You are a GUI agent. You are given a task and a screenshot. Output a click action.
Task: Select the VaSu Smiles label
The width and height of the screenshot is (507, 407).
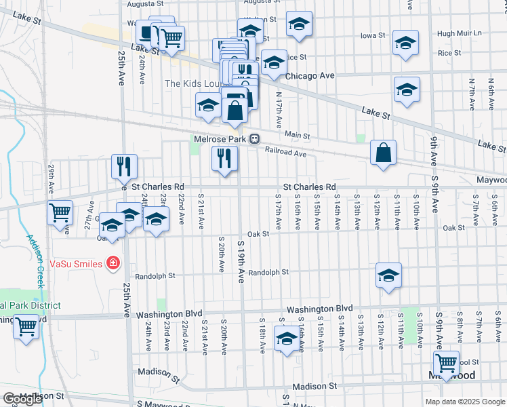[75, 263]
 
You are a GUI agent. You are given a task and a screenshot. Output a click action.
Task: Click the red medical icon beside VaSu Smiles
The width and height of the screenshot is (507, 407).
[113, 263]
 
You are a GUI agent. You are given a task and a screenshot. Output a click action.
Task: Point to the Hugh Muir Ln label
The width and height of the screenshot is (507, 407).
[459, 33]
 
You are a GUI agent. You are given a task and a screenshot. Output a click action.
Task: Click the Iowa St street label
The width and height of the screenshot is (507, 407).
[372, 35]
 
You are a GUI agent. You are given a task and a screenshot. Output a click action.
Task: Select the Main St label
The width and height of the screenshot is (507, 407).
[297, 136]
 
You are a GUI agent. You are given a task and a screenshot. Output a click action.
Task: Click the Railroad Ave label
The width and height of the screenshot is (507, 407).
[285, 153]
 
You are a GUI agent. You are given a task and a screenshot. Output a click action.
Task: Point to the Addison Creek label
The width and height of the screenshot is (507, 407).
[35, 260]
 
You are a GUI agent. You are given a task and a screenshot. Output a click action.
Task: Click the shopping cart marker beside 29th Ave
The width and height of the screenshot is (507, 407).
[60, 212]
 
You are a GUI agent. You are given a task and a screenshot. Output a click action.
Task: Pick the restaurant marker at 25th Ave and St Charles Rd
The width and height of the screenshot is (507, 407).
[124, 166]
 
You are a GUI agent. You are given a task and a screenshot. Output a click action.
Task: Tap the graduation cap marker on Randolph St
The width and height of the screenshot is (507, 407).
[388, 275]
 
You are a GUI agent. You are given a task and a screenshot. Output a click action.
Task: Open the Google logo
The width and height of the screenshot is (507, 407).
[22, 399]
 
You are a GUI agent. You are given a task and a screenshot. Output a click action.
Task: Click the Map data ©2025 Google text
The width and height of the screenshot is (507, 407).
[465, 402]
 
